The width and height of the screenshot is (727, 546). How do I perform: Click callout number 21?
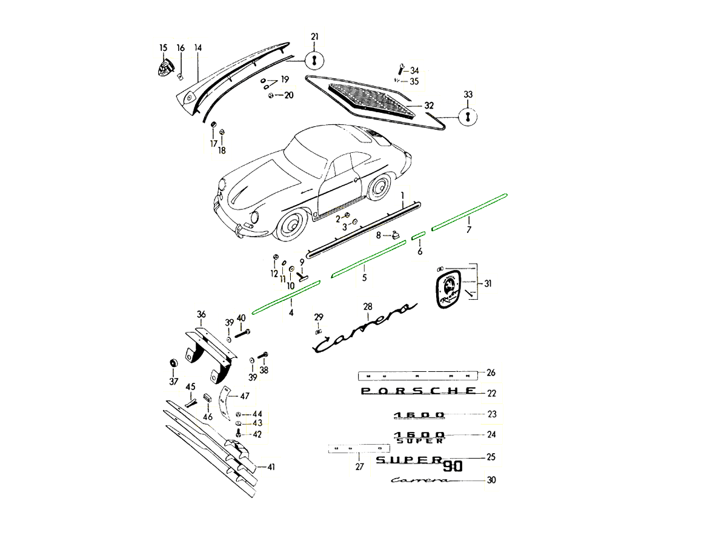coord(314,37)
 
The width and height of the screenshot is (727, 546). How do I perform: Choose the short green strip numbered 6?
coord(419,235)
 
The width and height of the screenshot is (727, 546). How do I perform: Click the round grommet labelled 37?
coord(173,363)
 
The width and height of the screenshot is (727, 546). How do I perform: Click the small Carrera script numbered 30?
coord(421,480)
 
